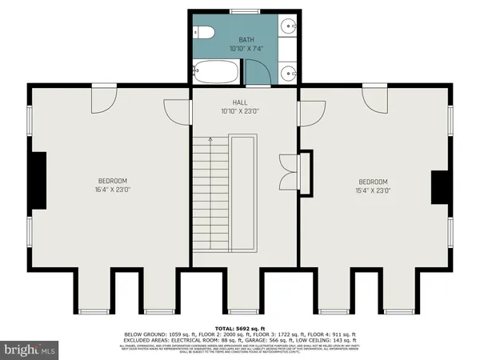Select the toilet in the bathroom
tap(204, 32)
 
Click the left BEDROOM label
tap(113, 181)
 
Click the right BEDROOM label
tap(373, 181)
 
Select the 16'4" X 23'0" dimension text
tap(113, 190)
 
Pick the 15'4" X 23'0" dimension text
tap(373, 190)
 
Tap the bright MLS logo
tap(30, 350)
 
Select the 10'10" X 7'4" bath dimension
tap(246, 48)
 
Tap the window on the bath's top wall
tap(239, 10)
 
